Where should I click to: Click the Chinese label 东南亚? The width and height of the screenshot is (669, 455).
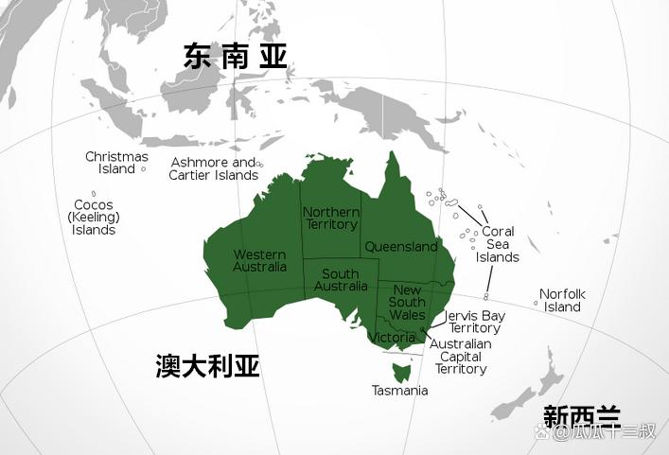pos(235,56)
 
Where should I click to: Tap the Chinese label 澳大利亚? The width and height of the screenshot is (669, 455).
pos(207,367)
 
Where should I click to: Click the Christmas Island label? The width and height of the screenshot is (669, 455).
pos(116,163)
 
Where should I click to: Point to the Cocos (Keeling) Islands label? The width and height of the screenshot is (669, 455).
pos(94,218)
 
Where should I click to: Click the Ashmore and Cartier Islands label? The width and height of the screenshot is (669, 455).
pos(214,168)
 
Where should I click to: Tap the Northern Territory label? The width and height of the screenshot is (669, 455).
pos(331,219)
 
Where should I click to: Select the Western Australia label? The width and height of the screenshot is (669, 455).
pos(260,260)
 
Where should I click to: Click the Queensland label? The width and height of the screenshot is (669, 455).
pos(401,247)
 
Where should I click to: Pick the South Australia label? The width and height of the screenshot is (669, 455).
pos(341,280)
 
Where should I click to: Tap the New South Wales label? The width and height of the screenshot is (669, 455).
pos(408,302)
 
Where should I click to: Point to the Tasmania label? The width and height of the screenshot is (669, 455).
pos(399,391)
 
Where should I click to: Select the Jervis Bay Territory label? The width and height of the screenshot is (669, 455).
pos(474,322)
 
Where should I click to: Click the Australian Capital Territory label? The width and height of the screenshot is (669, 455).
pos(461,357)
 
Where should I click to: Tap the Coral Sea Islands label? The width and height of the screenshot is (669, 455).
pos(498,244)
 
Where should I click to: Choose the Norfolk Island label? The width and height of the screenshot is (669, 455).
pos(562,300)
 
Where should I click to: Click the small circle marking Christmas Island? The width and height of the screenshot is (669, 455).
pos(143,169)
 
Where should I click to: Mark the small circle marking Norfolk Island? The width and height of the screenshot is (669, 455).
pos(536,304)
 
